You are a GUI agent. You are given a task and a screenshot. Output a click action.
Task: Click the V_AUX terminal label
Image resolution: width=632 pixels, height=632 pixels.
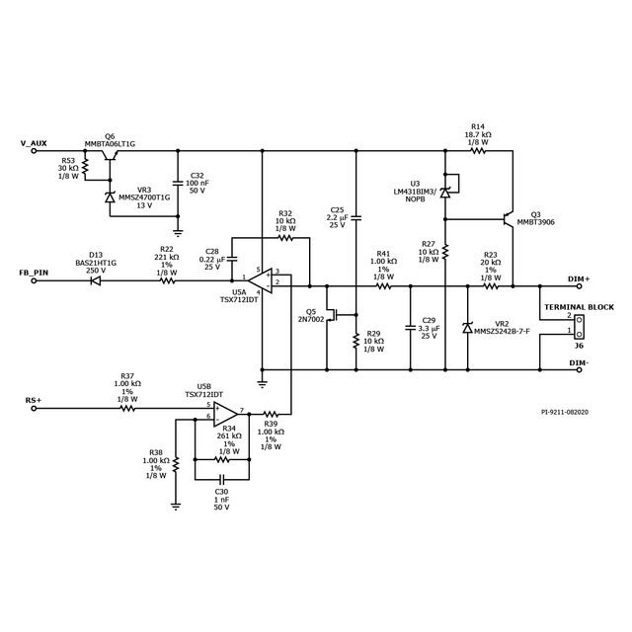tap(34, 143)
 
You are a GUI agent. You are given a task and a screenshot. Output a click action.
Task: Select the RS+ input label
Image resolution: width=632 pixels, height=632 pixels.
tap(34, 400)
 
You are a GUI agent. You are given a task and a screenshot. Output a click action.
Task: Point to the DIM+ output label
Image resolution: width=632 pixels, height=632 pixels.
tap(580, 279)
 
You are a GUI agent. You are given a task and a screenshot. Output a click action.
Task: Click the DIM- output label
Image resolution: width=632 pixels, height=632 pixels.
tap(580, 362)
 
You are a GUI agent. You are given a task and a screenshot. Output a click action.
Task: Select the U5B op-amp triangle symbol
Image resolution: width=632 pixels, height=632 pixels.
tap(225, 411)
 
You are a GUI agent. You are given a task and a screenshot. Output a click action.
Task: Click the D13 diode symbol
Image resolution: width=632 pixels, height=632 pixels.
tap(96, 280)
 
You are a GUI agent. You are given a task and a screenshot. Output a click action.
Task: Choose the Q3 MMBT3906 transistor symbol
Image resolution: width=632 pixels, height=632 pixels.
tap(509, 218)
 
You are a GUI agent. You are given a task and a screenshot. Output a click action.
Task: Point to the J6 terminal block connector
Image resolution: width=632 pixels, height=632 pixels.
tap(579, 323)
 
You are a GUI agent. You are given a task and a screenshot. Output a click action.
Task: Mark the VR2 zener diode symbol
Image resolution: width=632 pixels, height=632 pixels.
tap(467, 327)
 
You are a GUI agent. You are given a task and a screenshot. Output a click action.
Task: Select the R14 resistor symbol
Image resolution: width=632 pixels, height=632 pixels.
tap(478, 151)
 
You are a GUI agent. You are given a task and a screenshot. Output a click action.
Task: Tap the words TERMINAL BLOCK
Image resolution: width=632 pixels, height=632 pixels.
tap(579, 307)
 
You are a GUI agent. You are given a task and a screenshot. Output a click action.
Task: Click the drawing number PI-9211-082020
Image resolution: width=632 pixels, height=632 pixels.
tap(565, 412)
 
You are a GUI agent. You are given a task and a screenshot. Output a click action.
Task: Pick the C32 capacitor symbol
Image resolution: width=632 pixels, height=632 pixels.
tap(178, 183)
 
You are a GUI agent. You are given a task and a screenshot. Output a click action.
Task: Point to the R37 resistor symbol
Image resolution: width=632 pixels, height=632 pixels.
tap(127, 407)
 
